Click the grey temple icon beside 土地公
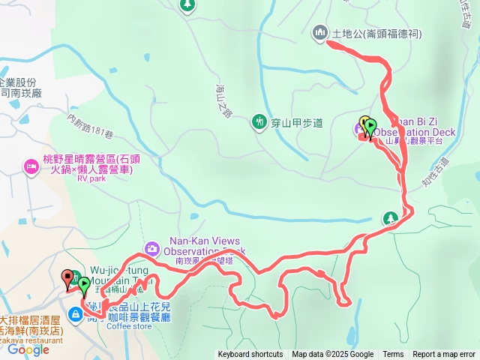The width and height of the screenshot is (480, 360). pos(319,32)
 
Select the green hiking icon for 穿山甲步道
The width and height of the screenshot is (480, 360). pos(259,120)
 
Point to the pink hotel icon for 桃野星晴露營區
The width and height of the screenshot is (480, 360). pos(31,165)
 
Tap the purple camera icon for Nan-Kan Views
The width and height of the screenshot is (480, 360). pos(152,247)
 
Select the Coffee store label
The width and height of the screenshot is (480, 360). pos(129,326)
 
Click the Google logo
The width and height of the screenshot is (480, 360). pos(28,349)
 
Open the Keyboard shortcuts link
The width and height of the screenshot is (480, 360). pos(250,355)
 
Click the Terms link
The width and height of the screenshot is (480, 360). pos(393,355)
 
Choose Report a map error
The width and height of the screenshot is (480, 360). pos(444,355)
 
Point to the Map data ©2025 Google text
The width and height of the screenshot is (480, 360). pos(333,355)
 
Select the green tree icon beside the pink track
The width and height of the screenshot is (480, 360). pos(389,218)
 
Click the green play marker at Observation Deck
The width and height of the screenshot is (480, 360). pos(370,127)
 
